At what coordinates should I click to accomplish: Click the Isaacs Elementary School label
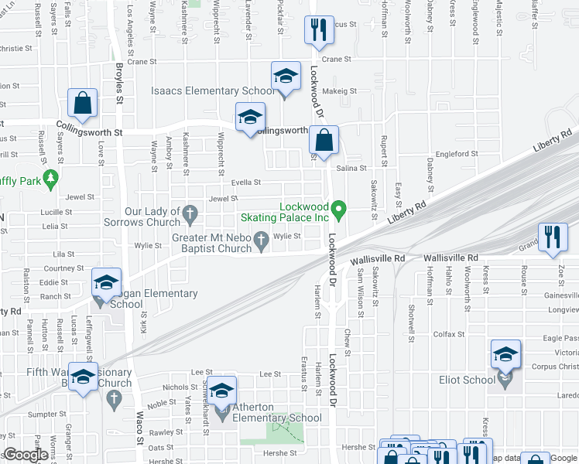click(x=213, y=91)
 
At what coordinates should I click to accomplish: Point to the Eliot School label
click(x=468, y=380)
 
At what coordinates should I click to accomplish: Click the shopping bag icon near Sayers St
click(x=81, y=104)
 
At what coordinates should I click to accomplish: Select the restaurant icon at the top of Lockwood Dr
click(x=317, y=31)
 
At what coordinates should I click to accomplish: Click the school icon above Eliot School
click(x=505, y=355)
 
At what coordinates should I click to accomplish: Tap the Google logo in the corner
click(x=26, y=455)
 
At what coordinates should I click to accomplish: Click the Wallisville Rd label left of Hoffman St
click(x=378, y=259)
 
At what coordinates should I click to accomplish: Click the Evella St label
click(x=247, y=183)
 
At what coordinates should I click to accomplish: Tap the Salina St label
click(x=351, y=168)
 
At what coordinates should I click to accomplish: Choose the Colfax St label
click(x=448, y=334)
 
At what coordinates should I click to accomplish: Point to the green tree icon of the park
click(x=51, y=179)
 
